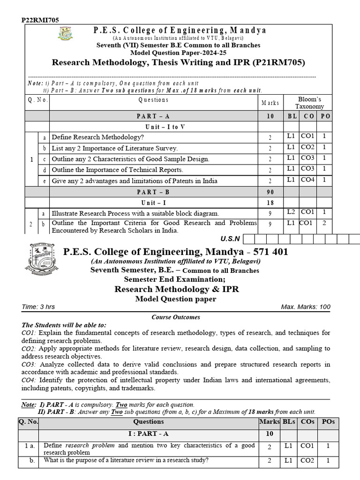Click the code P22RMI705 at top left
(40, 20)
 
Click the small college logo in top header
(65, 34)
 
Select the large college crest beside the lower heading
(42, 259)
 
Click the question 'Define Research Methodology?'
(97, 137)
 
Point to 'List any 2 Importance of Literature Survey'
(114, 148)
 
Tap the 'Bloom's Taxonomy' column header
(309, 103)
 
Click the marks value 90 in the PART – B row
(270, 192)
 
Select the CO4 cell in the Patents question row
(308, 180)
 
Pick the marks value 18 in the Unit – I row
(270, 202)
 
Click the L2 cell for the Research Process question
(292, 212)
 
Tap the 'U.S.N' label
(230, 239)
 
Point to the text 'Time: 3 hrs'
(38, 307)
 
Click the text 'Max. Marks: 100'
(306, 307)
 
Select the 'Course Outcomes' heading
(176, 317)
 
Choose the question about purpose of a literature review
(126, 460)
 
